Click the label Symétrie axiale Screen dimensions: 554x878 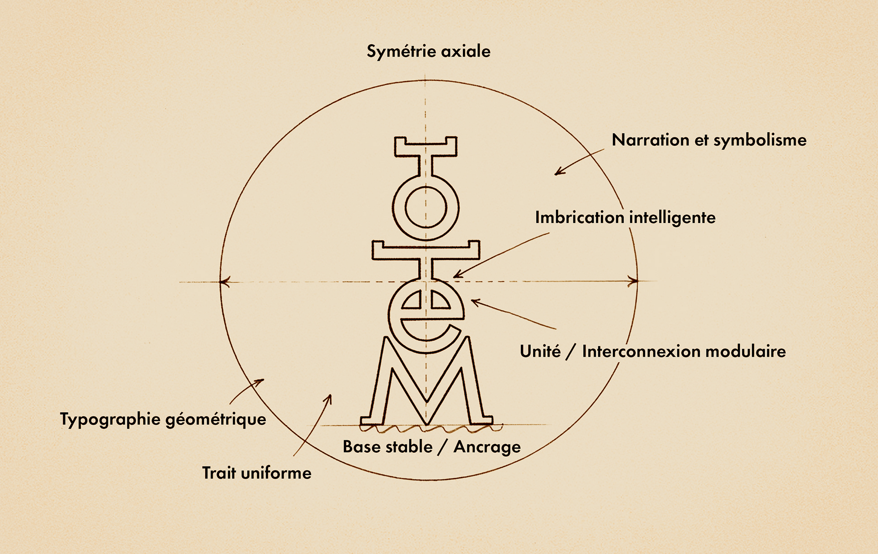pyautogui.click(x=428, y=51)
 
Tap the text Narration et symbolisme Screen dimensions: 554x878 pyautogui.click(x=709, y=140)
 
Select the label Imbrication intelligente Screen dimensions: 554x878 pyautogui.click(x=625, y=217)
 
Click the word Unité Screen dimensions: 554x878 pyautogui.click(x=540, y=351)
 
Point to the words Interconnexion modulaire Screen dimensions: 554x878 pyautogui.click(x=684, y=351)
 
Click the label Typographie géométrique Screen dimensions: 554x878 pyautogui.click(x=163, y=419)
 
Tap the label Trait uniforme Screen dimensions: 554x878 pyautogui.click(x=257, y=473)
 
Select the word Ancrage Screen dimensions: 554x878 pyautogui.click(x=487, y=447)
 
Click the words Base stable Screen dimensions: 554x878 pyautogui.click(x=387, y=447)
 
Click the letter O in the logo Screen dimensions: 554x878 pyautogui.click(x=426, y=207)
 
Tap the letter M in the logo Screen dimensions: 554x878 pyautogui.click(x=426, y=384)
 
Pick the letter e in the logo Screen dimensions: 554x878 pyautogui.click(x=426, y=315)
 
